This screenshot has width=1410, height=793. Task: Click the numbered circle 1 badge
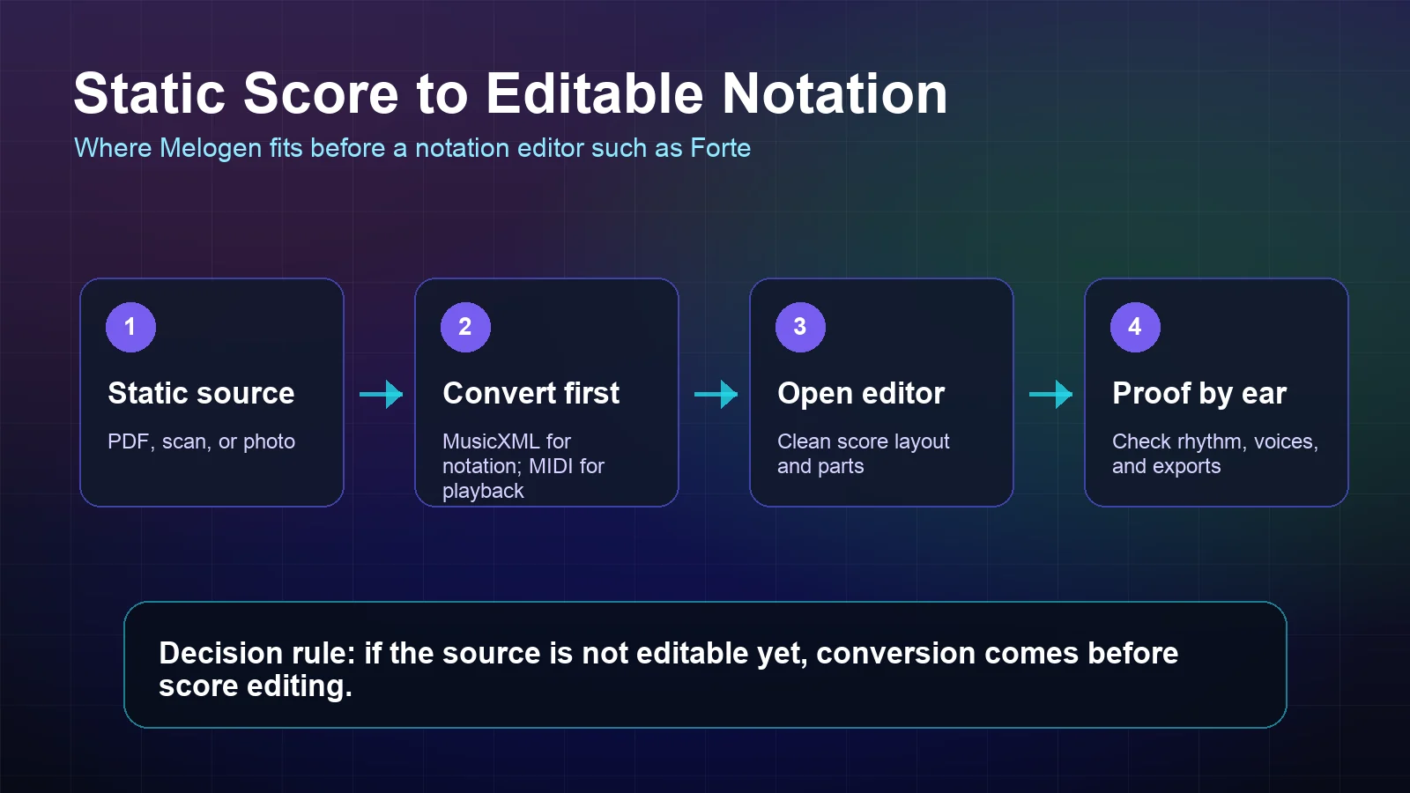coord(130,327)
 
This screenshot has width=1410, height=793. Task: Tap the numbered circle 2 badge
coord(465,327)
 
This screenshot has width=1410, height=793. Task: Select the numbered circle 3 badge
coord(800,327)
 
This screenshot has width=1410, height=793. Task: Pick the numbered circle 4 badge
coord(1135,327)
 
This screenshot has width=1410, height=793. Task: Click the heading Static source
coord(201,393)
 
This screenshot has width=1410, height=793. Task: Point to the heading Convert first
coord(531,393)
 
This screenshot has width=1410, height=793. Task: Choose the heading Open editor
coord(861,393)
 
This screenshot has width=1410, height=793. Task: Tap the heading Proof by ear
coord(1199,393)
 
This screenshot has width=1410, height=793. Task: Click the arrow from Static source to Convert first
coord(381,394)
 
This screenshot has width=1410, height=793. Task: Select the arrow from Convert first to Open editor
coord(716,394)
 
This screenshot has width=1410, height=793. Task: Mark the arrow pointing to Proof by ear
coord(1050,394)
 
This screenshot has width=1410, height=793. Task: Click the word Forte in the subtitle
coord(720,148)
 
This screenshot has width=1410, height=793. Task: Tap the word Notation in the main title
coord(835,93)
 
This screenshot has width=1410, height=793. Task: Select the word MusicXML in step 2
coord(490,441)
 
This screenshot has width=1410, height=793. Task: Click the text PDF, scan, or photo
coord(201,441)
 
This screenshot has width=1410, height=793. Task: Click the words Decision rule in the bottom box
coord(256,653)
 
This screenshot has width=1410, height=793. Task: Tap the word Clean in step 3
coord(804,441)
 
